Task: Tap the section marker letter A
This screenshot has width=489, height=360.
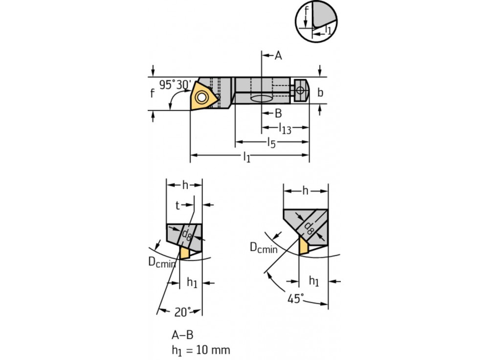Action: point(278,56)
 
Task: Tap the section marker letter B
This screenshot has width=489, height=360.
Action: point(278,113)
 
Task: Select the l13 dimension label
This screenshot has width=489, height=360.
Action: point(285,129)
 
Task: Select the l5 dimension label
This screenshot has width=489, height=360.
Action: point(272,143)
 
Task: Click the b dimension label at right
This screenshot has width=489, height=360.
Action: point(320,92)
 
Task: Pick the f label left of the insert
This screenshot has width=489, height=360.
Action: point(152,93)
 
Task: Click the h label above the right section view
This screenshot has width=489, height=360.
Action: point(305,191)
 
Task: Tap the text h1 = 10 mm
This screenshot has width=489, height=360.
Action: point(200,350)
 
